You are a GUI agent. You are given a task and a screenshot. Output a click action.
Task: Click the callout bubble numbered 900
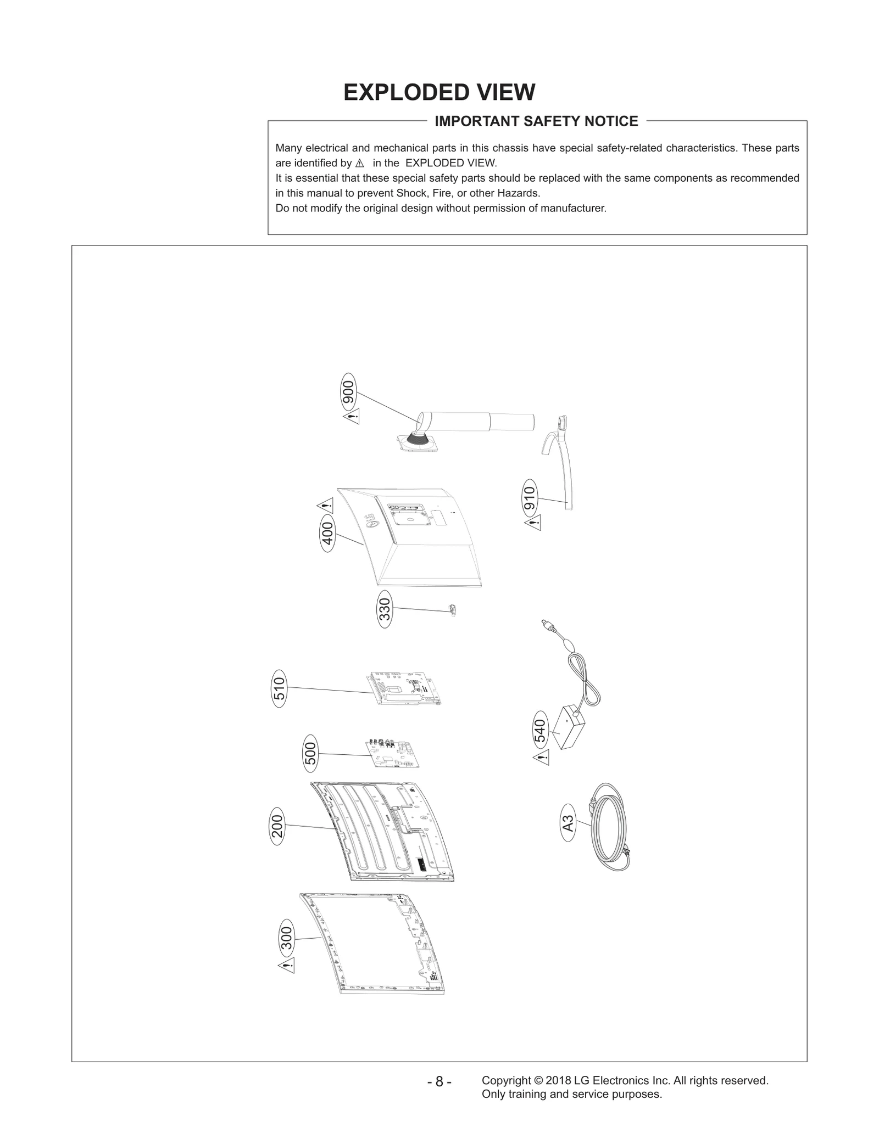pyautogui.click(x=348, y=391)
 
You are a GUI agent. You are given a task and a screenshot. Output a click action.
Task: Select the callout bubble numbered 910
pyautogui.click(x=530, y=499)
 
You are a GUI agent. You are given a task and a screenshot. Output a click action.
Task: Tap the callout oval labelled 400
pyautogui.click(x=327, y=533)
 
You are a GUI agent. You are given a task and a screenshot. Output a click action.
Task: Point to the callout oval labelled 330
pyautogui.click(x=385, y=609)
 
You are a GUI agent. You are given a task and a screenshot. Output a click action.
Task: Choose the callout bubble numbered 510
pyautogui.click(x=279, y=688)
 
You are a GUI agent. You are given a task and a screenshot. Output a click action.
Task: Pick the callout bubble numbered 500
pyautogui.click(x=310, y=753)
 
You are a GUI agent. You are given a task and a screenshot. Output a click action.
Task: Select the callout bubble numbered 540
pyautogui.click(x=541, y=731)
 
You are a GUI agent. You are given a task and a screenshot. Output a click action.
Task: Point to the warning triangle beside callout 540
pyautogui.click(x=541, y=758)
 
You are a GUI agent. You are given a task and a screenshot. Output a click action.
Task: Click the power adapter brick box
pyautogui.click(x=570, y=728)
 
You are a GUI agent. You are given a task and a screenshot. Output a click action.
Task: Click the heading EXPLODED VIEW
pyautogui.click(x=439, y=92)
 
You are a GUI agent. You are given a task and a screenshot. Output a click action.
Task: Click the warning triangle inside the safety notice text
pyautogui.click(x=360, y=164)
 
